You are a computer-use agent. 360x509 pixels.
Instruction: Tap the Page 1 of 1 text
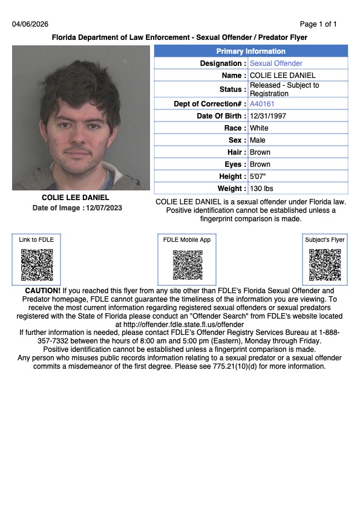pyautogui.click(x=318, y=24)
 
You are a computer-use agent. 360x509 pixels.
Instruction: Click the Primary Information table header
pyautogui.click(x=250, y=51)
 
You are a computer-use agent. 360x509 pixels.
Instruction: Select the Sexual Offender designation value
pyautogui.click(x=276, y=63)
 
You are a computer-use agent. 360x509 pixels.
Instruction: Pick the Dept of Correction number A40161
pyautogui.click(x=262, y=104)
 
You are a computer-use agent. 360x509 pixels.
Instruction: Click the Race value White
pyautogui.click(x=259, y=128)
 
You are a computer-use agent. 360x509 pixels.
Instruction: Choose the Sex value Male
pyautogui.click(x=258, y=140)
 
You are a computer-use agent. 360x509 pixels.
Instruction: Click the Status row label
pyautogui.click(x=234, y=89)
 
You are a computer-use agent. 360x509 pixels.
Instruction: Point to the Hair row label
pyautogui.click(x=237, y=152)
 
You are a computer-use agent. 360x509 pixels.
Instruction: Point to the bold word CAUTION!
pyautogui.click(x=42, y=291)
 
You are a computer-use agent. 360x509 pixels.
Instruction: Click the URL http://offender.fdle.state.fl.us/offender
pyautogui.click(x=180, y=325)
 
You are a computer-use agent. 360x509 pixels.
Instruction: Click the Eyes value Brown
pyautogui.click(x=260, y=164)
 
